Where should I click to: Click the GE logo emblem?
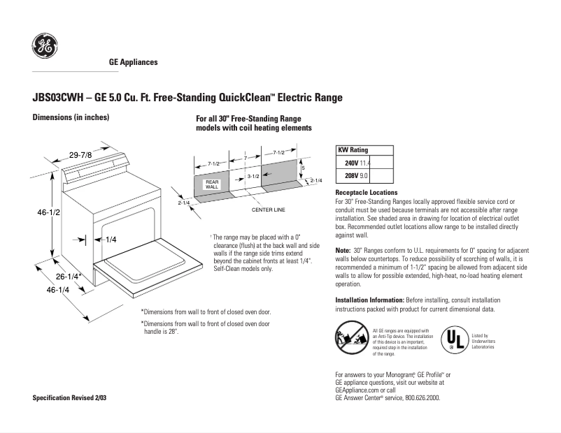(45, 47)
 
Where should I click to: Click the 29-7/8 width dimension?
(81, 154)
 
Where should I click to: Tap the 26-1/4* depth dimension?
(69, 277)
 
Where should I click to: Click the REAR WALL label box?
(212, 184)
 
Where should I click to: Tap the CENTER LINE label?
(268, 210)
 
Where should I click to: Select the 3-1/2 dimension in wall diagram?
(253, 177)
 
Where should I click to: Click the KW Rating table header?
(353, 149)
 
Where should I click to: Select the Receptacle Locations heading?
(367, 192)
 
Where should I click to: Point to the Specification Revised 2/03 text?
(71, 397)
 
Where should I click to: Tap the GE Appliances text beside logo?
(134, 62)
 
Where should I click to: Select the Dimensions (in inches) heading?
(71, 117)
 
